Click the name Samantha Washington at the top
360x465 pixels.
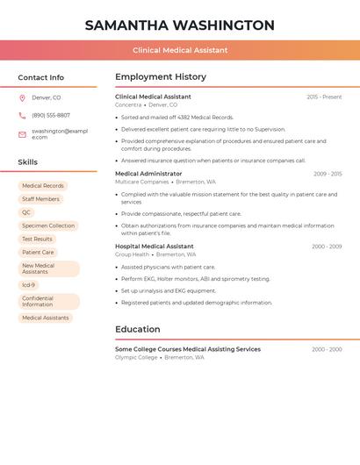180,25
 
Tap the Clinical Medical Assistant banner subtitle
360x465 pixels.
180,50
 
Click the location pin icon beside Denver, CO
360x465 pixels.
22,97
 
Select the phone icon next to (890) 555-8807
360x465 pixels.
22,116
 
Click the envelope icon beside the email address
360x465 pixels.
22,134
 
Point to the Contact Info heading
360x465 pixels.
40,77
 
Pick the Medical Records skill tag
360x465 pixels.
43,186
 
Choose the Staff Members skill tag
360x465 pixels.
40,199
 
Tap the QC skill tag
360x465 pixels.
26,212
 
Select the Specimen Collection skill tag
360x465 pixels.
48,225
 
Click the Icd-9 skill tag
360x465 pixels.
29,285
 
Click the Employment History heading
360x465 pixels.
161,77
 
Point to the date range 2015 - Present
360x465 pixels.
324,97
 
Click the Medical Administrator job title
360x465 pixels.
148,174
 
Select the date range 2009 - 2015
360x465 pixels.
328,174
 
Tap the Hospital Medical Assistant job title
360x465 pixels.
155,247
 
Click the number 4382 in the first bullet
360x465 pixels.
183,117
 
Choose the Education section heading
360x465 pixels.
137,329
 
